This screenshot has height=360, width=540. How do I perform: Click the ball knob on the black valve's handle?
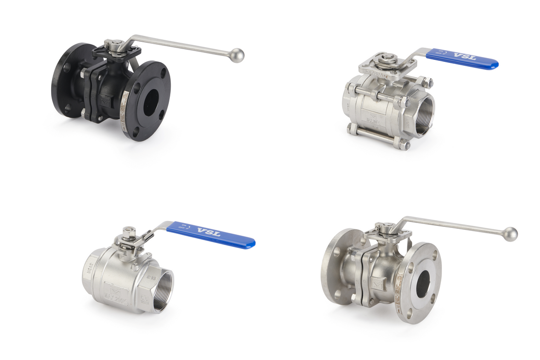(237, 55)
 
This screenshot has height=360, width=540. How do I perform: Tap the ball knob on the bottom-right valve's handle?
(511, 234)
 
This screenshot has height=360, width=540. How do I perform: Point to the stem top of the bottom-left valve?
(129, 230)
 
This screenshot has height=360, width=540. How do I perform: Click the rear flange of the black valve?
(67, 81)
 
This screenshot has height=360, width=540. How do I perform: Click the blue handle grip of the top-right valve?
(461, 57)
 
